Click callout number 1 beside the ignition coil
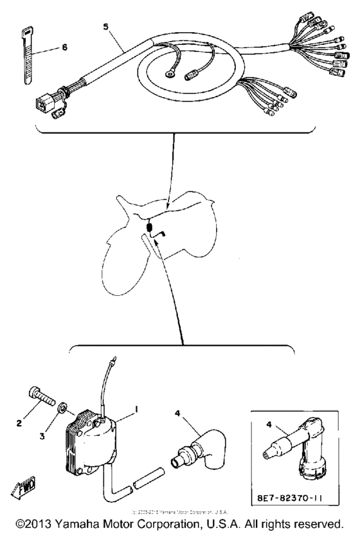pyautogui.click(x=136, y=408)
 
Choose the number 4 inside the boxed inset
pyautogui.click(x=269, y=423)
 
